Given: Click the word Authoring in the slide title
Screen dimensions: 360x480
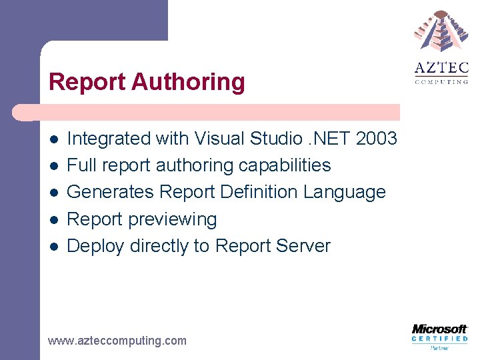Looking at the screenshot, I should coord(189,83).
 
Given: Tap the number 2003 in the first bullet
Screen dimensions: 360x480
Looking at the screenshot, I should coord(377,139).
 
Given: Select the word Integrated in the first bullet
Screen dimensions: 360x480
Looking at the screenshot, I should coord(109,139).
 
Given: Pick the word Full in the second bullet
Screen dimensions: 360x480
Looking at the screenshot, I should coord(81,165).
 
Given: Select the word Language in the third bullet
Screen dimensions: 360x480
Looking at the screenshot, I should coord(345,192).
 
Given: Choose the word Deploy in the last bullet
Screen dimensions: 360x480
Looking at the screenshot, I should coord(96,246).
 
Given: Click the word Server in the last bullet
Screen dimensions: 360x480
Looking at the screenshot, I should coord(304,246).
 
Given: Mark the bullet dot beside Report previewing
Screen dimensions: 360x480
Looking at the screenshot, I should coord(53,219).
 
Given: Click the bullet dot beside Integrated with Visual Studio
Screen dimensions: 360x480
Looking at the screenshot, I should coord(53,139).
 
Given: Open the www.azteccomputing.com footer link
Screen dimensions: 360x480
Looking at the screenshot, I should coord(117,341).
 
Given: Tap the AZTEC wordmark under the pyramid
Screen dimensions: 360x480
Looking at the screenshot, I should coord(441,69).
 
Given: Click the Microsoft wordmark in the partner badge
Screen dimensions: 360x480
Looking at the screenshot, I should coord(439,329).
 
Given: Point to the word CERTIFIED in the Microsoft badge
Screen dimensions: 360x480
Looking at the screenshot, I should coord(439,339).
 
